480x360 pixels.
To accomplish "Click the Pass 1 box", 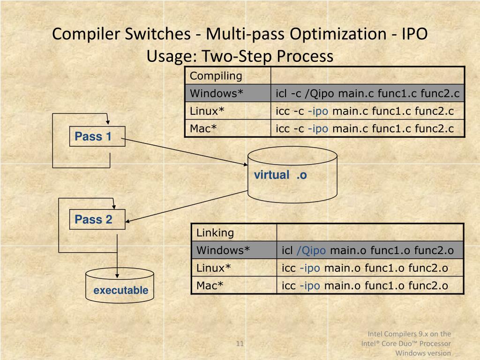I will point(97,136).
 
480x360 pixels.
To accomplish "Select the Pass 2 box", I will point(97,219).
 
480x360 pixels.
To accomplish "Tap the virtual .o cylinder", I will point(292,175).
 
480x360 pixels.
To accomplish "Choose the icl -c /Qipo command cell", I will point(367,93).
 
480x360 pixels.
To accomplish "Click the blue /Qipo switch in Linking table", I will point(311,250).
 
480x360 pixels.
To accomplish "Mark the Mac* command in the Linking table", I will point(365,285).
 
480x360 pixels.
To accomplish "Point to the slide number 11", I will point(240,344).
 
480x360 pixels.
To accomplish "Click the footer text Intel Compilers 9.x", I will point(409,334).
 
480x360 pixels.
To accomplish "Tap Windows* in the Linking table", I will point(223,250).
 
